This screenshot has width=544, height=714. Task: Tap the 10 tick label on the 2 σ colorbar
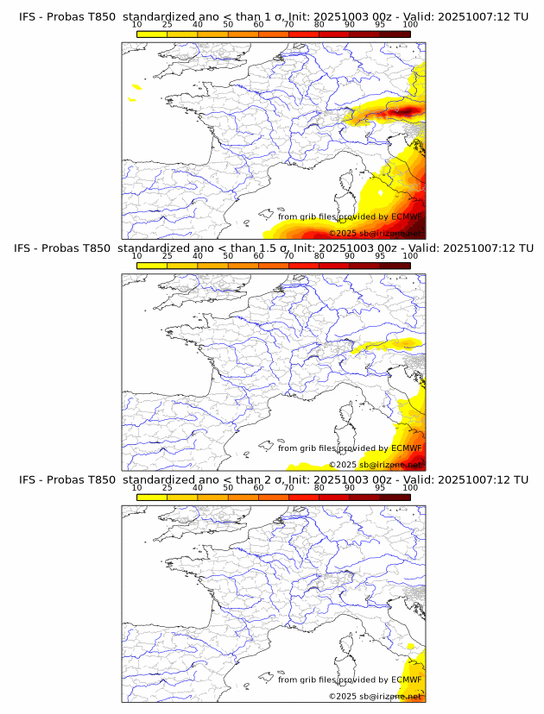pyautogui.click(x=137, y=488)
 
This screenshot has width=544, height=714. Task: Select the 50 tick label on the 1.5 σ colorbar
pyautogui.click(x=228, y=256)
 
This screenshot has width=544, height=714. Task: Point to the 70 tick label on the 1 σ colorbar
pyautogui.click(x=288, y=24)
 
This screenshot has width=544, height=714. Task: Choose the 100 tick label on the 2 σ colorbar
pyautogui.click(x=410, y=488)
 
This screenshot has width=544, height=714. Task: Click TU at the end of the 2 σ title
pyautogui.click(x=521, y=479)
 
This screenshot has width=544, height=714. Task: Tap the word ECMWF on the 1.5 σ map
pyautogui.click(x=407, y=448)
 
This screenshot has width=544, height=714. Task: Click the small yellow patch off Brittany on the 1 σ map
pyautogui.click(x=136, y=86)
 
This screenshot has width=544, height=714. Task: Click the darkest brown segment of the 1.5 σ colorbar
pyautogui.click(x=395, y=266)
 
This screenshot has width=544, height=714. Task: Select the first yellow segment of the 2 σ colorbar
pyautogui.click(x=152, y=498)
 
